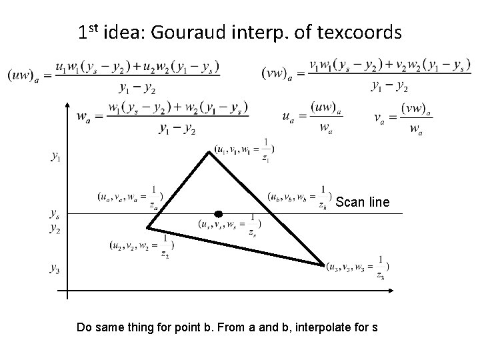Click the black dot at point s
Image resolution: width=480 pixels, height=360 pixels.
(218, 214)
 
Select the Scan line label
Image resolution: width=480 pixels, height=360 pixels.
(362, 201)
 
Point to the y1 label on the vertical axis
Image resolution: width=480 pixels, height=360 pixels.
(56, 157)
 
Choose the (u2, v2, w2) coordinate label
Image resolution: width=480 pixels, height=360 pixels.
(141, 245)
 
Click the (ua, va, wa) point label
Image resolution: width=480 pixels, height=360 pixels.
(131, 197)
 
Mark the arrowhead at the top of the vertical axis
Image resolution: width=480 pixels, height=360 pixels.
(67, 105)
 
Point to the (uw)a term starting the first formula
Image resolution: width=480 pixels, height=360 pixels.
(21, 75)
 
